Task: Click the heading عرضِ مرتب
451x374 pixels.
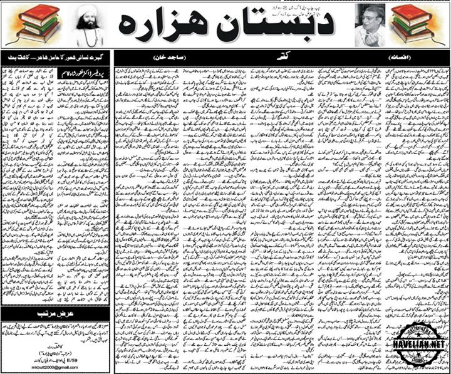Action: point(55,311)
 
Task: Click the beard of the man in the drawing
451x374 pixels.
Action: point(88,34)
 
